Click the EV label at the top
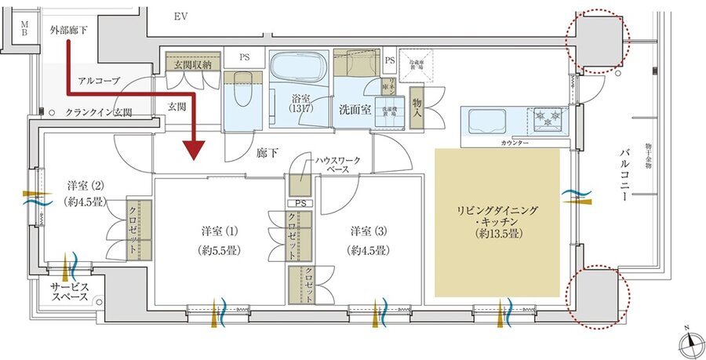181,16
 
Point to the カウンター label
514,144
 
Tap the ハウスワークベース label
338,164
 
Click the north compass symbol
688,343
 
